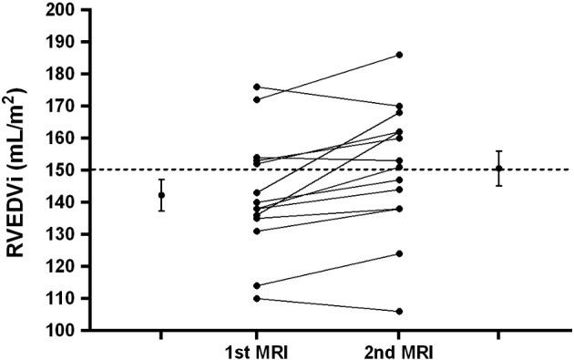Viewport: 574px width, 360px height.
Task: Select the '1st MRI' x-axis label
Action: (x=256, y=350)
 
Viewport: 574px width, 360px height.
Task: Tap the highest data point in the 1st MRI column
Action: (x=256, y=87)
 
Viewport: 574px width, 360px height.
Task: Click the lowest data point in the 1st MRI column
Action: (x=256, y=298)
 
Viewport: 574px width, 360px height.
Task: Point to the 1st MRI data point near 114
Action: (x=256, y=285)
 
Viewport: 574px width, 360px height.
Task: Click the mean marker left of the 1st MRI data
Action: (x=161, y=195)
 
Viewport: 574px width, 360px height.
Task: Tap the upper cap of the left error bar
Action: (x=161, y=180)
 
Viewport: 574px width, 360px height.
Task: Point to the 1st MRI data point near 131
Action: (x=256, y=231)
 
